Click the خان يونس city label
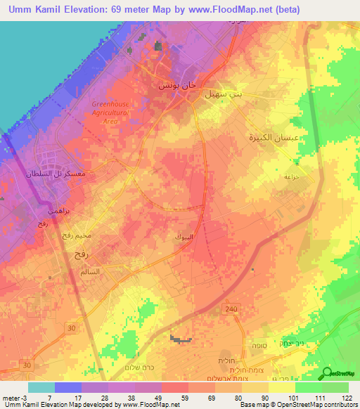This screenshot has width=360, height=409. tap(171, 84)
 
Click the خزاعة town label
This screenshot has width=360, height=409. tap(292, 177)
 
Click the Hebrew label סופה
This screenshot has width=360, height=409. tap(255, 346)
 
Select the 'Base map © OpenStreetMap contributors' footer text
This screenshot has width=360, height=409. tap(298, 405)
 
